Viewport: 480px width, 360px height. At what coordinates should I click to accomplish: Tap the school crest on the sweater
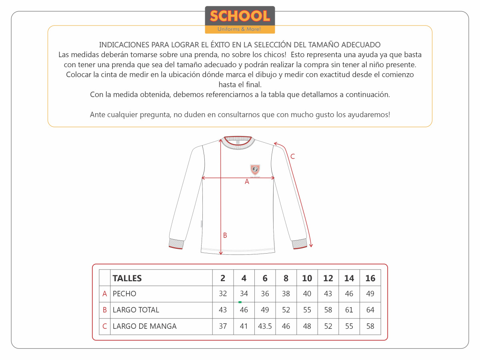(x=255, y=170)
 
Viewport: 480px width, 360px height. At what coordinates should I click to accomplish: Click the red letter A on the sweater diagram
(x=247, y=182)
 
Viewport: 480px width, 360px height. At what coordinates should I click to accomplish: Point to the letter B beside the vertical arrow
(x=225, y=235)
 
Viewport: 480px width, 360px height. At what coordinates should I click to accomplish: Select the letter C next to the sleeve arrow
(x=292, y=156)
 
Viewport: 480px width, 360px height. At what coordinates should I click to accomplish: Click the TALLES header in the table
(x=127, y=278)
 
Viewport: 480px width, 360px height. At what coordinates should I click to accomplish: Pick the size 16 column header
(x=370, y=278)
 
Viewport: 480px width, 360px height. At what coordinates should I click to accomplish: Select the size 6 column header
(x=265, y=278)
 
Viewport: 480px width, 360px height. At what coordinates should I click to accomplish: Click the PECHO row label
(x=124, y=294)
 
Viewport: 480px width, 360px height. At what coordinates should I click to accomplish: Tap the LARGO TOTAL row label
(x=136, y=310)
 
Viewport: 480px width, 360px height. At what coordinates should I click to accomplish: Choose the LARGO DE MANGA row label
(x=144, y=326)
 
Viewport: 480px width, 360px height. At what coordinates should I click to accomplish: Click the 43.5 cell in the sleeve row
(x=265, y=326)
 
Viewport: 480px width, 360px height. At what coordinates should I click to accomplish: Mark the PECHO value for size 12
(x=328, y=294)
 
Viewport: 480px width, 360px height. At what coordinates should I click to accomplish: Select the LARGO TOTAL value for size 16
(x=370, y=310)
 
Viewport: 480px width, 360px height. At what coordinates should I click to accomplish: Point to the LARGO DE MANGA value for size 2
(x=223, y=326)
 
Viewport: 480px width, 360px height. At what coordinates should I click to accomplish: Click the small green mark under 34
(x=240, y=302)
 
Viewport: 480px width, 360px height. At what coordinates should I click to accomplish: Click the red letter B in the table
(x=105, y=310)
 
